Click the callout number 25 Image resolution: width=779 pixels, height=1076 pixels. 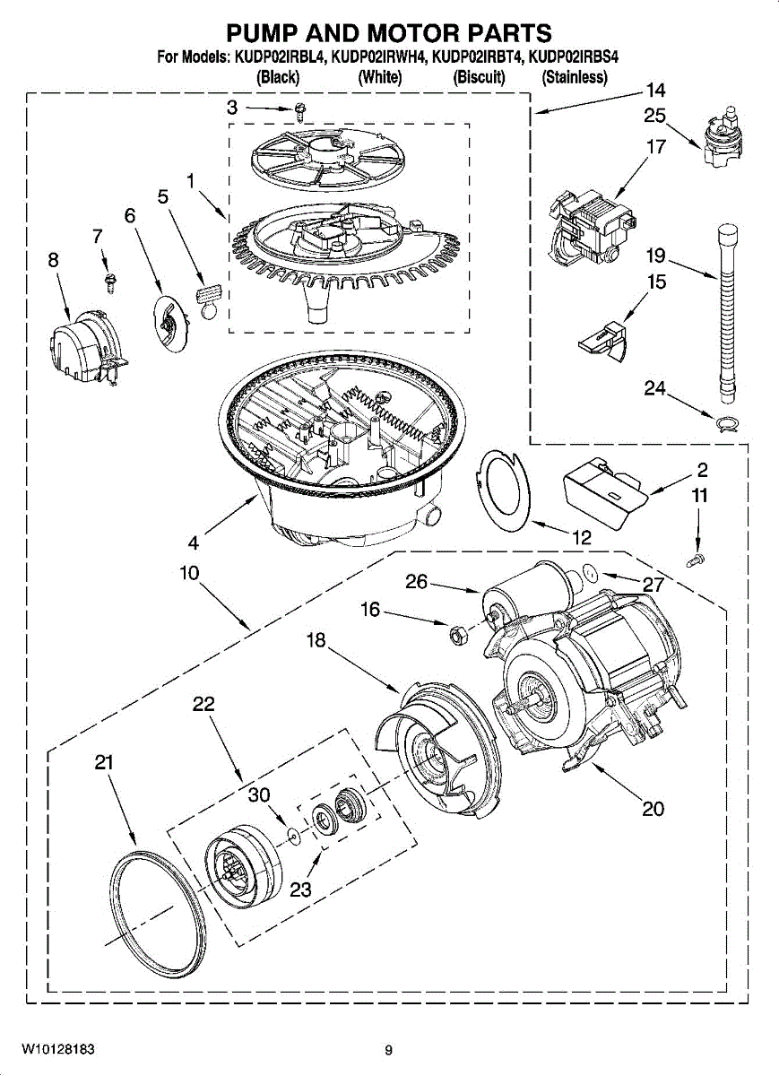(654, 116)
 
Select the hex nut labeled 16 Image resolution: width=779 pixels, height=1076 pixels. (454, 635)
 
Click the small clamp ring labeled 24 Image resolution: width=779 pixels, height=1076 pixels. (726, 423)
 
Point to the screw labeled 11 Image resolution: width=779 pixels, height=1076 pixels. (697, 560)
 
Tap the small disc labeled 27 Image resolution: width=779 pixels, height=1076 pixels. (589, 573)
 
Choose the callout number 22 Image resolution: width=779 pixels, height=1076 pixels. (203, 704)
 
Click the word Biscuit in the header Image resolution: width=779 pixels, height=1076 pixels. (479, 77)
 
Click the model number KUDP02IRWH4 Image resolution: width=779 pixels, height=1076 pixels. (379, 57)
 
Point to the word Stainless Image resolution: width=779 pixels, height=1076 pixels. (575, 77)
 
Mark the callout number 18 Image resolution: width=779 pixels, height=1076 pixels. (316, 640)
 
